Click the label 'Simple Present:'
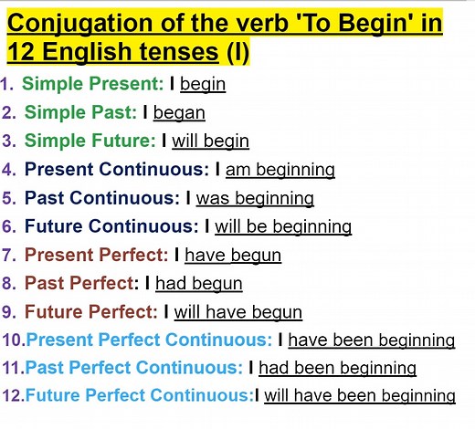92,84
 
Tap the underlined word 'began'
179,112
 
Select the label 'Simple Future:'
90,141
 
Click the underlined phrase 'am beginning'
280,169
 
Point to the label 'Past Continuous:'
102,198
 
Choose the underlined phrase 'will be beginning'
283,226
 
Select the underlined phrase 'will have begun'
238,311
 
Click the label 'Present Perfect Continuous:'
149,340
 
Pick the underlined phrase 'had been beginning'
338,368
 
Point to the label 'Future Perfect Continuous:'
140,396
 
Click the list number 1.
6,84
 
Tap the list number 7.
8,255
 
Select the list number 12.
12,396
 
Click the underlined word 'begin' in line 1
203,84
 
